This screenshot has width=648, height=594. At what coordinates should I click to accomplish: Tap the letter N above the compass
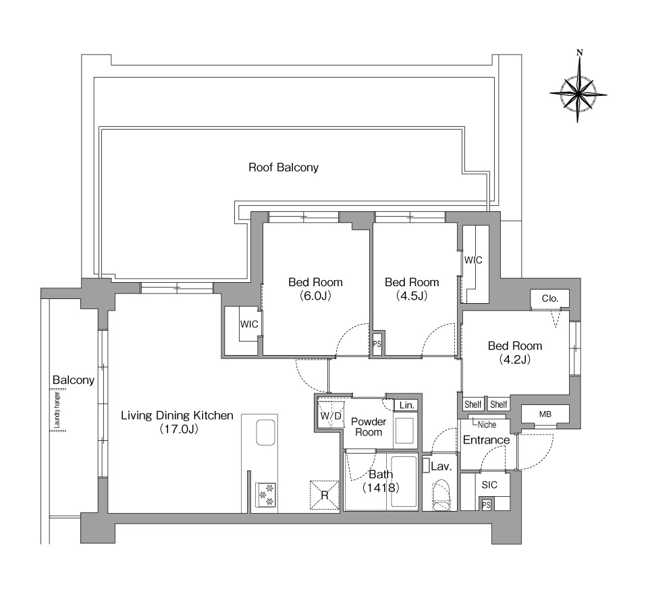580,53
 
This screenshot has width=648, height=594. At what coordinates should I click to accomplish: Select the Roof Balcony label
283,167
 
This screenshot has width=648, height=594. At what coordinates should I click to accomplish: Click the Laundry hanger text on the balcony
57,410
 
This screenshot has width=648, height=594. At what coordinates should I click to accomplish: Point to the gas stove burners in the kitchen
266,495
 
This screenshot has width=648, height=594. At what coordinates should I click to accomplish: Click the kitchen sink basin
266,433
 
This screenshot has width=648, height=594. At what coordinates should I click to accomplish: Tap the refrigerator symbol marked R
325,495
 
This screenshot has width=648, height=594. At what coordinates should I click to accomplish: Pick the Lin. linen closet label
406,406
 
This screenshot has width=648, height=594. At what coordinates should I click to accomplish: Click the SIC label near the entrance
489,485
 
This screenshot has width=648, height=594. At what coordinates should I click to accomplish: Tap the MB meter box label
545,414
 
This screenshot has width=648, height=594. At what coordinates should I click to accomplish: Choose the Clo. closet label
550,298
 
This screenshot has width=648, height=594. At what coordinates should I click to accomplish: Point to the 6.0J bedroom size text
316,296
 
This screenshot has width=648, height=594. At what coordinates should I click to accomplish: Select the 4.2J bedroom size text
515,360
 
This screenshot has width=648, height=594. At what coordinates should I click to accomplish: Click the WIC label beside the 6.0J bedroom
249,325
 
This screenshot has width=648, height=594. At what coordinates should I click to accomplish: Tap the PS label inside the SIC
487,505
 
